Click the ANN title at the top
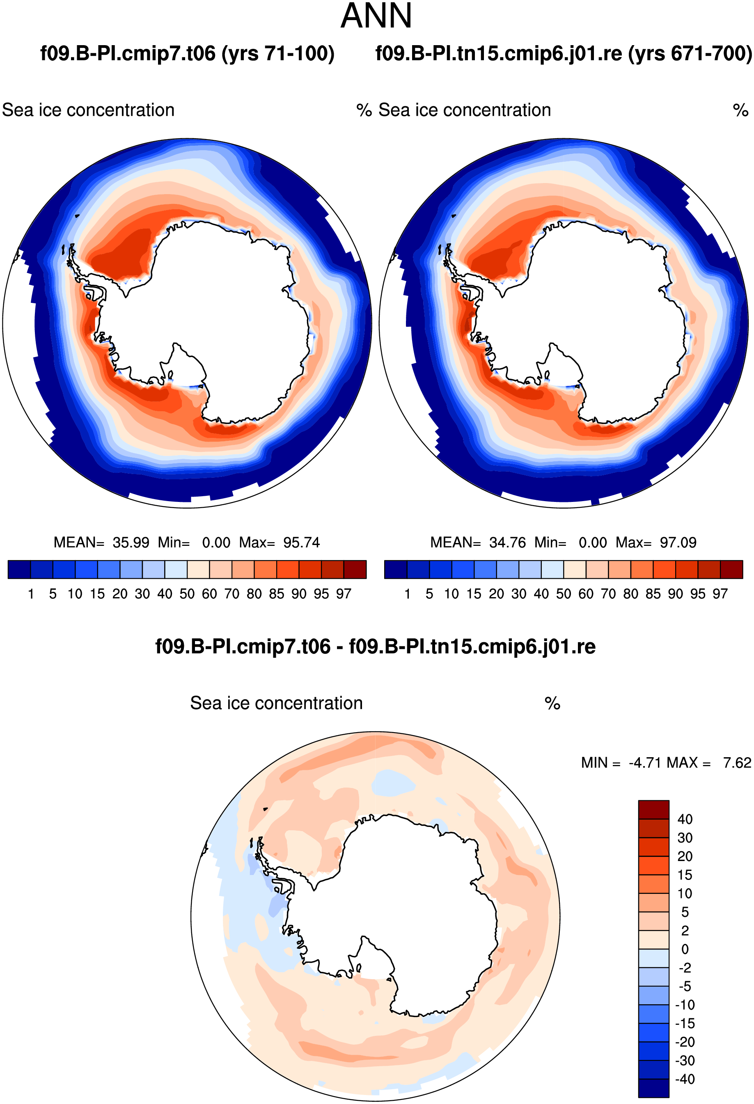376,16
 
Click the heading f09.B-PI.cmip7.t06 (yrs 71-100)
187,54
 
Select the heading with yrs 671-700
564,54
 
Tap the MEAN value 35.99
131,543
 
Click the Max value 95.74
302,543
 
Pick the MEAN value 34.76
507,543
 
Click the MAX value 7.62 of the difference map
737,763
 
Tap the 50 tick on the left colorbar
187,594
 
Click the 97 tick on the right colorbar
720,594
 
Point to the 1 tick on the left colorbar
31,594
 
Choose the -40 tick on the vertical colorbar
685,1079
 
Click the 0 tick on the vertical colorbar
685,949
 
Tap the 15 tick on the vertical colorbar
685,875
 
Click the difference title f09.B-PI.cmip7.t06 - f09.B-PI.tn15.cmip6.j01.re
375,646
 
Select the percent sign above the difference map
552,703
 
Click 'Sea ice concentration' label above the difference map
277,703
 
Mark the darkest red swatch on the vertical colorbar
654,809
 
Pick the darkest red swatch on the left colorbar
355,570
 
